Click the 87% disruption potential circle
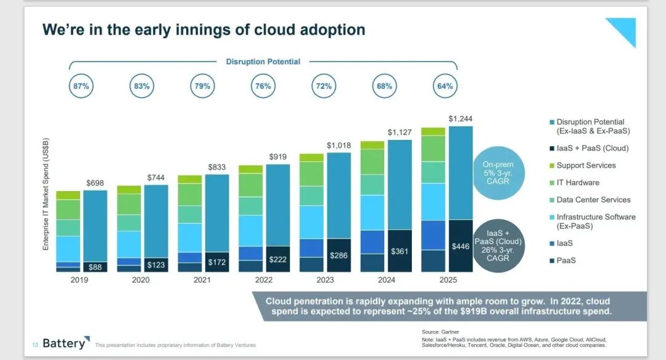(x=81, y=86)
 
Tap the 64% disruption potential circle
(x=445, y=86)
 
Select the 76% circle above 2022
(x=263, y=86)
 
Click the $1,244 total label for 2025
(x=461, y=118)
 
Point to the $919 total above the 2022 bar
(x=278, y=157)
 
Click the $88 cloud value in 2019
(x=95, y=267)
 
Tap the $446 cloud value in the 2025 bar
(x=461, y=246)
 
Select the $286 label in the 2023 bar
(x=339, y=255)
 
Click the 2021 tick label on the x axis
(x=201, y=279)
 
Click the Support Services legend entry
(x=586, y=165)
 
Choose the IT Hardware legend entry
(x=578, y=182)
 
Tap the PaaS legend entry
(x=566, y=261)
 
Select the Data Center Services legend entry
(x=593, y=200)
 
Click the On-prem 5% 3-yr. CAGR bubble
(x=498, y=173)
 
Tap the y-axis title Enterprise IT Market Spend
(x=46, y=194)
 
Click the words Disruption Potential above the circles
(x=263, y=62)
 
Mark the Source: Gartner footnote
(x=440, y=332)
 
